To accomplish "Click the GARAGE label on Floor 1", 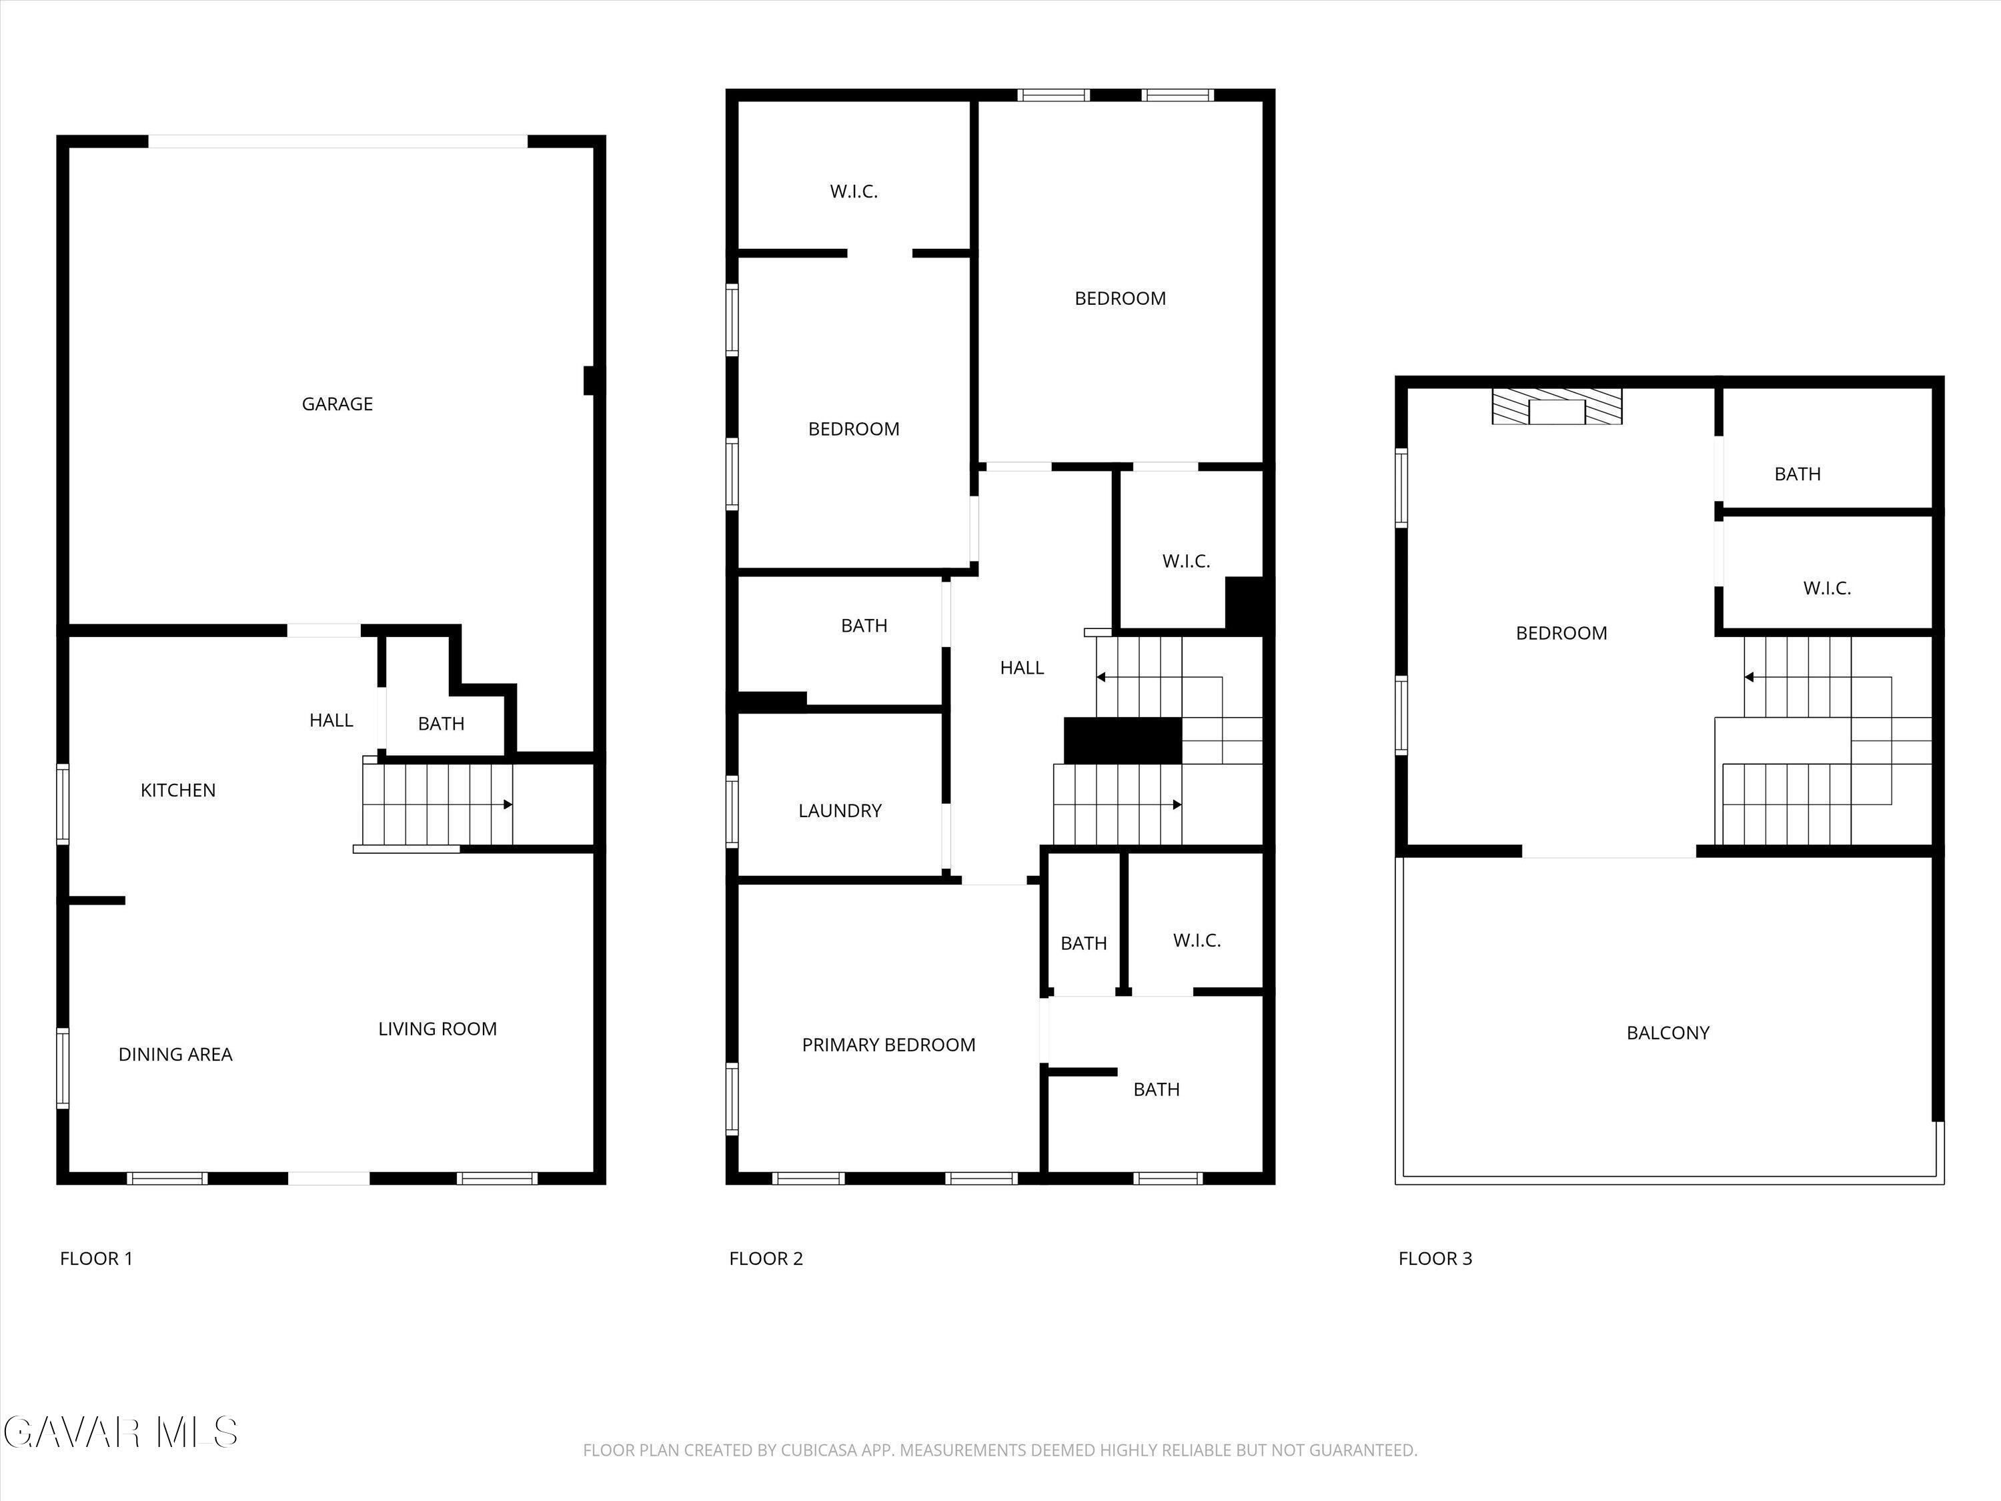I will (337, 404).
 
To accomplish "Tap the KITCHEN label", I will (178, 791).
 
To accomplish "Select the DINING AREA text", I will (175, 1055).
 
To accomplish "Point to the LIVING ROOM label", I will (437, 1029).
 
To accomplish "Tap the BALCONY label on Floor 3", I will (1667, 1033).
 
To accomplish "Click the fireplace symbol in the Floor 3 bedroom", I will (1557, 407).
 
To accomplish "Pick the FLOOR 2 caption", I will (765, 1259).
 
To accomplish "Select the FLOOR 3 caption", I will (1435, 1259).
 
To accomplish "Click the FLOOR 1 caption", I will (96, 1259).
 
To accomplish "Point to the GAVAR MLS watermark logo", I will (120, 1432).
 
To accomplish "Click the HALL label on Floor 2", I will (1021, 668).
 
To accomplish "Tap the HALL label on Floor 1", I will (331, 721).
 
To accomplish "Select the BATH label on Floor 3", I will (1796, 475).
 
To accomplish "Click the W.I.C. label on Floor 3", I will (1826, 589).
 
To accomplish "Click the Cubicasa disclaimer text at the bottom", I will (1000, 1450).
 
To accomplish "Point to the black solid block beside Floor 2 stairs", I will (1123, 740).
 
